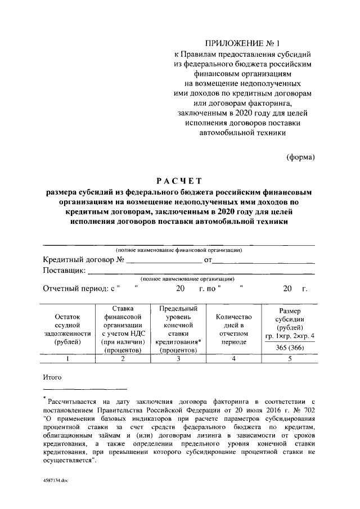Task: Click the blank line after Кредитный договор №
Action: pos(164,260)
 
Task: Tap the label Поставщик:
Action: pos(64,271)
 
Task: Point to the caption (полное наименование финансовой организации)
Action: pos(179,250)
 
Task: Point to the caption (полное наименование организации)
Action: pos(188,279)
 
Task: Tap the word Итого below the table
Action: pos(52,376)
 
